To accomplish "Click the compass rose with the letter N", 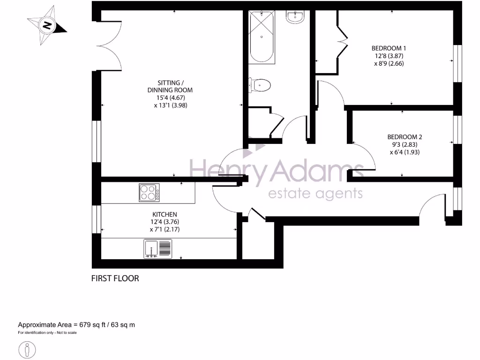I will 47,25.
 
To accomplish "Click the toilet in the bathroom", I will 260,85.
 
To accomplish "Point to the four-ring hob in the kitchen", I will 149,193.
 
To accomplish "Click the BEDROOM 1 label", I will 389,48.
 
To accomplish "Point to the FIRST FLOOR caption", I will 115,278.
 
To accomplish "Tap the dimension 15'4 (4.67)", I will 170,97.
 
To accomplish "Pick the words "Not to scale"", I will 66,333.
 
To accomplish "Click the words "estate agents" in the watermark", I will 315,193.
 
